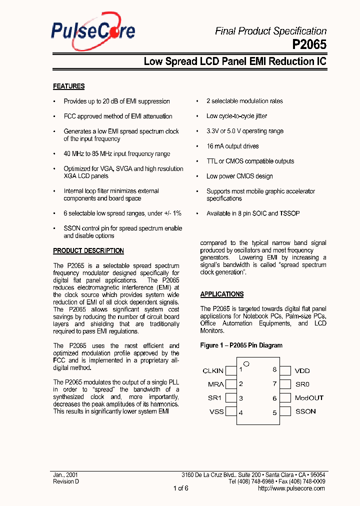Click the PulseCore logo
click(93, 31)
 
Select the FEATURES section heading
click(68, 86)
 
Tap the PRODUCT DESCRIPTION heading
click(88, 251)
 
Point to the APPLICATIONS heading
click(222, 294)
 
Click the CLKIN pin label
click(213, 370)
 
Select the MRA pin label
click(216, 384)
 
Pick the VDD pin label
click(302, 370)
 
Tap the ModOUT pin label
click(308, 398)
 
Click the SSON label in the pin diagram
click(305, 411)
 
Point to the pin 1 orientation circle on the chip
click(246, 363)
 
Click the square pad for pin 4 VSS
click(231, 411)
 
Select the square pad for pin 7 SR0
click(285, 384)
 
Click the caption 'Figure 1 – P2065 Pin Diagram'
click(241, 345)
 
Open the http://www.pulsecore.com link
click(291, 488)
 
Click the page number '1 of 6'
click(180, 488)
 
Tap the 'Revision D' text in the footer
click(66, 481)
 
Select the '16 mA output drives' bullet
click(232, 146)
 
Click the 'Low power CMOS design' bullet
click(239, 176)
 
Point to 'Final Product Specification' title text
click(270, 31)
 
